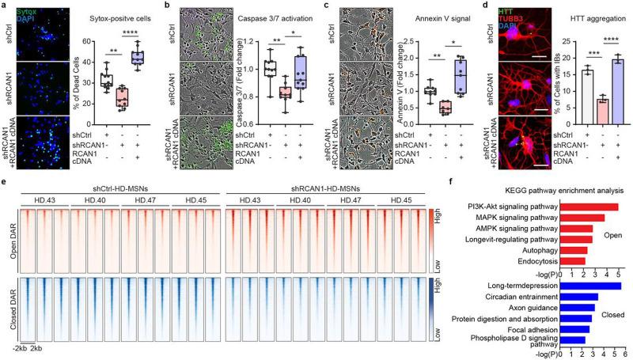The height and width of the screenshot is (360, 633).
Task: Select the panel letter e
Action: (x=5, y=191)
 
